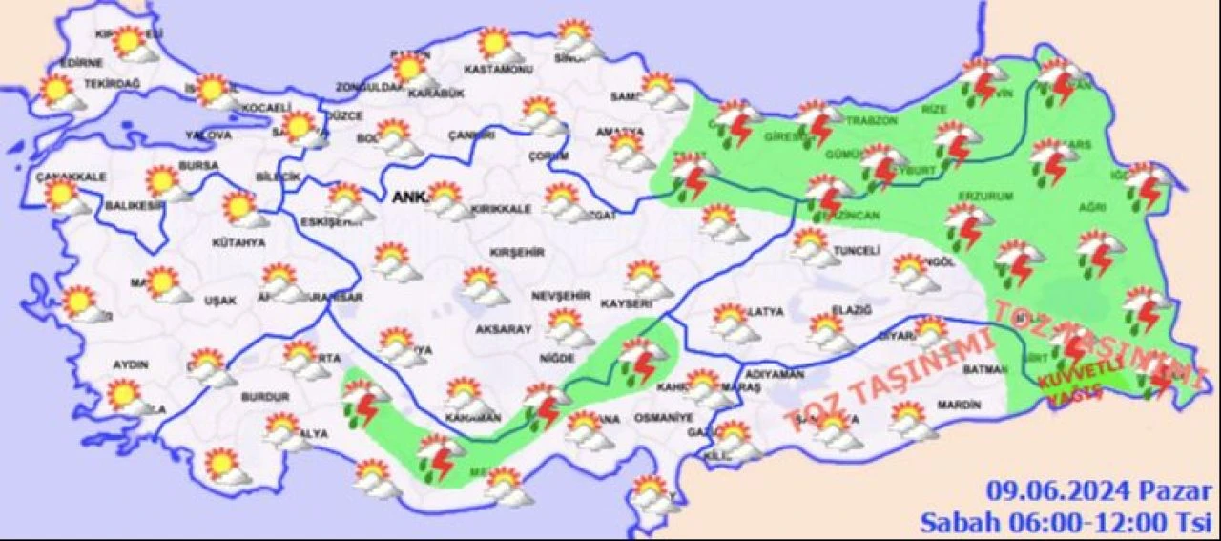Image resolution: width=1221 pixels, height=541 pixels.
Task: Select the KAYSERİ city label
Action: [625, 303]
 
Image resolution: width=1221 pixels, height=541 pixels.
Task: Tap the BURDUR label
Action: [264, 396]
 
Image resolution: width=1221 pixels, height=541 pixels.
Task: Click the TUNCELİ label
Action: [856, 251]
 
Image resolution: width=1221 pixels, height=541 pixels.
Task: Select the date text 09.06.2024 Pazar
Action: [1099, 492]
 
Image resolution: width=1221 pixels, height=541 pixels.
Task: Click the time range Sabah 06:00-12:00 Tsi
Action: [1066, 522]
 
